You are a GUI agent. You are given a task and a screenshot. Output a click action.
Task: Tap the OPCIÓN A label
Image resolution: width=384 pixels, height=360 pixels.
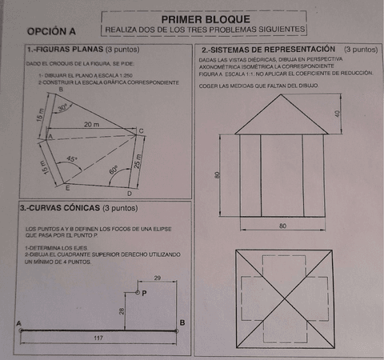click(51, 31)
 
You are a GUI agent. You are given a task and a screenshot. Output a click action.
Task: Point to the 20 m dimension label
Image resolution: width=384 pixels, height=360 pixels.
click(90, 125)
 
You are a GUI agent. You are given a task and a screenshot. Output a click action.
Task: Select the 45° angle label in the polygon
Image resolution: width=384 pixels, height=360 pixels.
click(72, 159)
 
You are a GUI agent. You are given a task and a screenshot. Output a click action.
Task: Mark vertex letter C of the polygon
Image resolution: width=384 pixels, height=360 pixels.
click(142, 130)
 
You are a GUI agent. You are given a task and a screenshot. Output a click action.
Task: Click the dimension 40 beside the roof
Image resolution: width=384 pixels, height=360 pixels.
click(337, 113)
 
